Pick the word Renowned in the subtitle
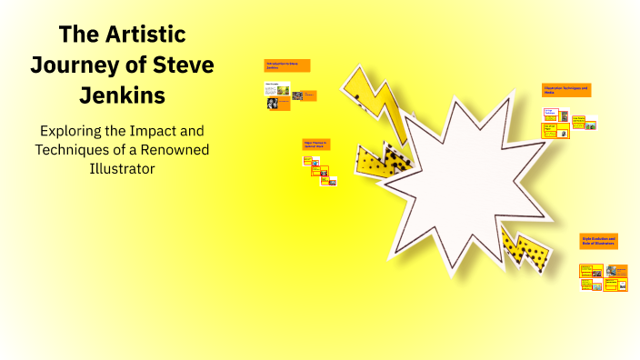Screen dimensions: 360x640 point(183,148)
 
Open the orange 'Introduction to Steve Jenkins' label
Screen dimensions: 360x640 point(286,65)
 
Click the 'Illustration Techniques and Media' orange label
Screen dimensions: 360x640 point(566,90)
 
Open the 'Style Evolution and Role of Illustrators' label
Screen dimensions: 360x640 point(598,241)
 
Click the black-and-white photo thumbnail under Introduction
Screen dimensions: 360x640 point(272,104)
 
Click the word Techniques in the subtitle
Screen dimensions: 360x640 point(68,148)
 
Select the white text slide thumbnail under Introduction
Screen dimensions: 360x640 point(277,90)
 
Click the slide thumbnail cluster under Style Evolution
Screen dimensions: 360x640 point(604,277)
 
